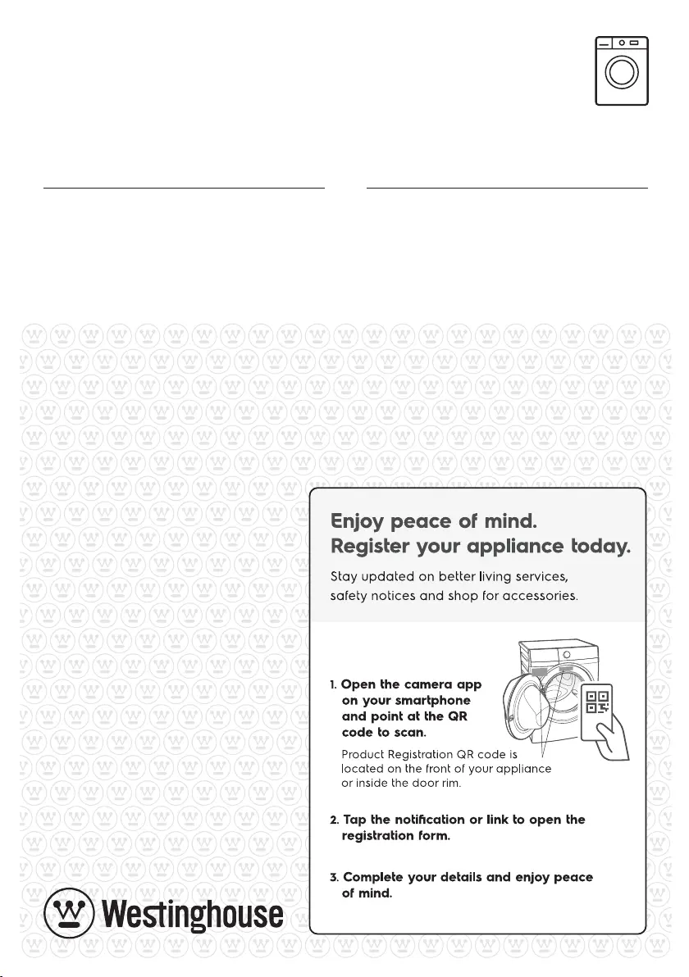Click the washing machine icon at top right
pyautogui.click(x=621, y=70)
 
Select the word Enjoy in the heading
pyautogui.click(x=359, y=521)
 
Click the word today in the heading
pyautogui.click(x=598, y=547)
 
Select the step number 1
pyautogui.click(x=333, y=684)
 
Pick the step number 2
pyautogui.click(x=334, y=820)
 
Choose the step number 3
pyautogui.click(x=334, y=877)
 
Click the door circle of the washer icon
pyautogui.click(x=621, y=75)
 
